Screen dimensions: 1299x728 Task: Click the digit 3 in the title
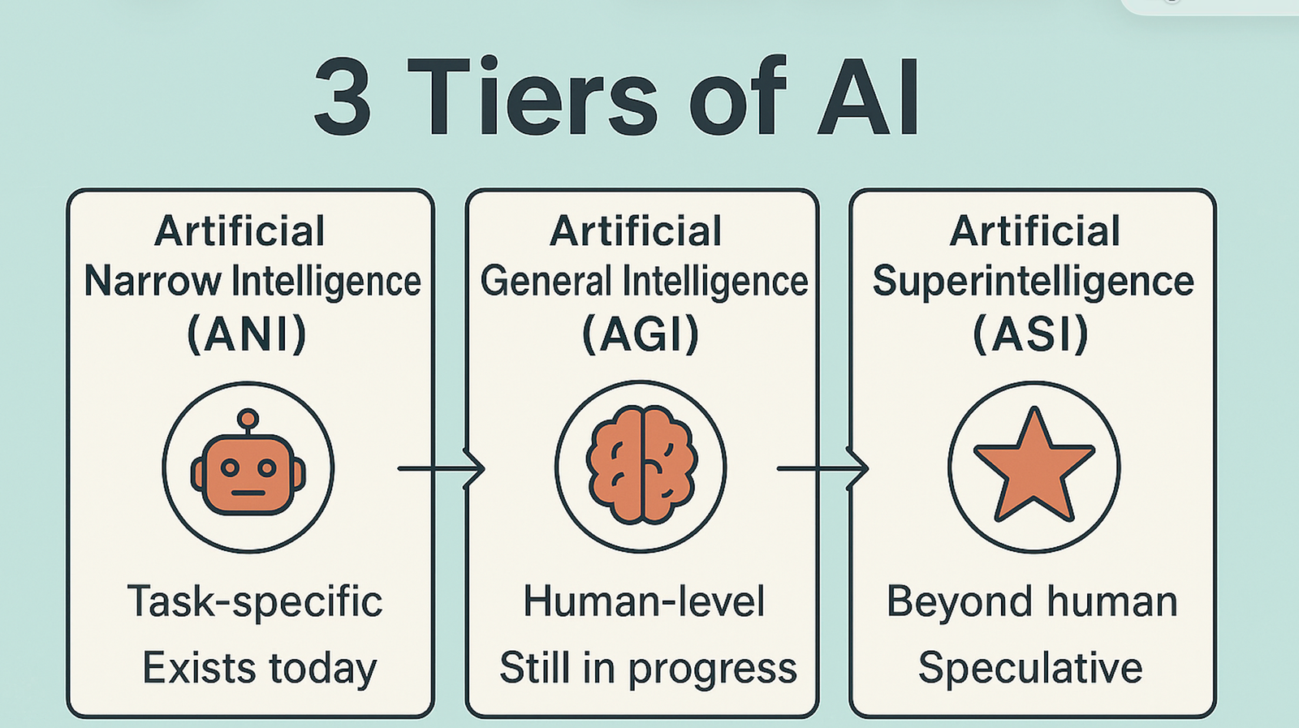342,97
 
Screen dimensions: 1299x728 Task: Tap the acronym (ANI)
247,334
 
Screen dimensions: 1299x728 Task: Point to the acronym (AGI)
641,334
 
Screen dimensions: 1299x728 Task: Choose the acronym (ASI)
1030,334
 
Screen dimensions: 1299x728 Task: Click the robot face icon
248,463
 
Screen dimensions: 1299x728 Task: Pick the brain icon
641,465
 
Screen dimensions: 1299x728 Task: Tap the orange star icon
1034,465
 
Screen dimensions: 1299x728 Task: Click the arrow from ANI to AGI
441,468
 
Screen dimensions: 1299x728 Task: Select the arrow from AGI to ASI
822,468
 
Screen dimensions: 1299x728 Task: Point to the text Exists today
260,669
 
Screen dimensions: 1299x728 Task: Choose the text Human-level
644,601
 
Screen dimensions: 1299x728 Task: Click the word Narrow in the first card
153,282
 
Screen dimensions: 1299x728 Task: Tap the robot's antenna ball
248,419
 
